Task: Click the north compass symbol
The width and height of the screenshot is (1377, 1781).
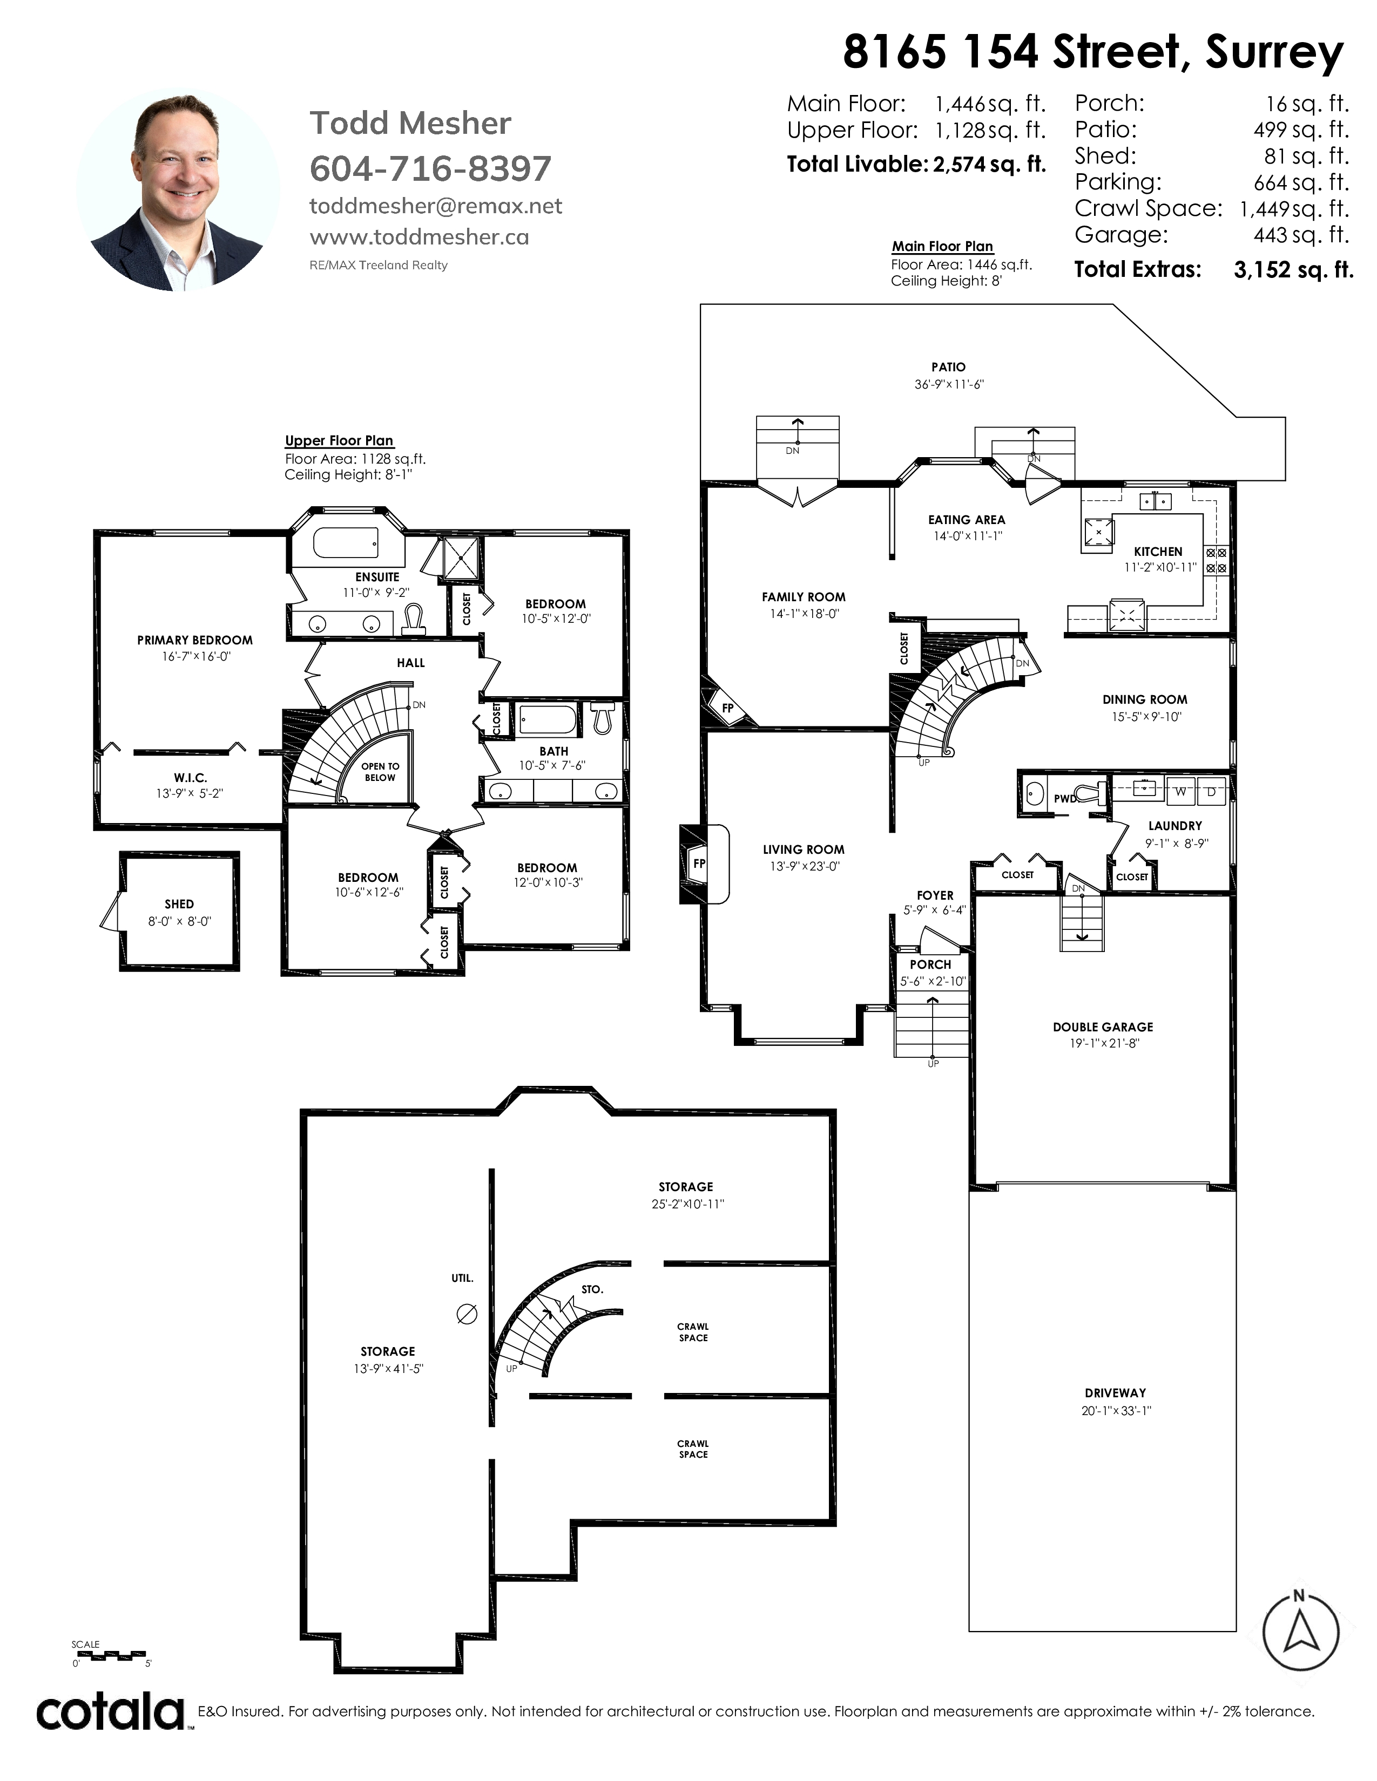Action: tap(1300, 1632)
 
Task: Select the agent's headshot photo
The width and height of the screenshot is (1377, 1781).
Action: tap(178, 189)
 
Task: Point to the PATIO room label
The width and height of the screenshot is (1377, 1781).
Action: tap(948, 368)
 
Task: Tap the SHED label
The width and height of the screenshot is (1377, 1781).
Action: tap(179, 903)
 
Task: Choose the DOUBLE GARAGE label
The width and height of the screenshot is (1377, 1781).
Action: tap(1103, 1027)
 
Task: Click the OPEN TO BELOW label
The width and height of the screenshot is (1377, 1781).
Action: tap(380, 771)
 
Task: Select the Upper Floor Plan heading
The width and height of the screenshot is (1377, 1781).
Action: tap(339, 440)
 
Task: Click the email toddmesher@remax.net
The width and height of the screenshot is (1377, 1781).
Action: tap(436, 206)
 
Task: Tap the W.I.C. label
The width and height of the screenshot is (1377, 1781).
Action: tap(190, 778)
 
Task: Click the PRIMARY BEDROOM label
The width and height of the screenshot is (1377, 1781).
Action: tap(195, 640)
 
